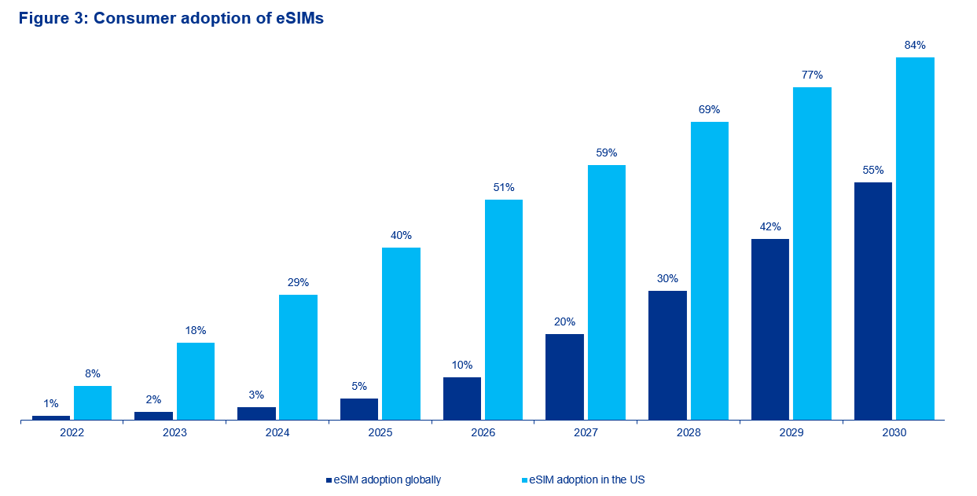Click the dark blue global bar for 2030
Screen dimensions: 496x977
(x=872, y=301)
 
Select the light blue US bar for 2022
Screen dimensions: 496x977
(x=93, y=403)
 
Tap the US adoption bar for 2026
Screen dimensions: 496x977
(x=504, y=310)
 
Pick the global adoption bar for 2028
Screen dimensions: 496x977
(x=667, y=355)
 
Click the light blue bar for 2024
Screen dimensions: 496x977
(x=298, y=358)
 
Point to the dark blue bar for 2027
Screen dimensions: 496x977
(x=564, y=377)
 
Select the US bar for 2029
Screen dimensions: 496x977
(x=812, y=253)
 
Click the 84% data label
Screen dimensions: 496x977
(x=915, y=46)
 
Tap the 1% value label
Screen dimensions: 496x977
(x=51, y=404)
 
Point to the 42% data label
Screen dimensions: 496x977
(x=770, y=227)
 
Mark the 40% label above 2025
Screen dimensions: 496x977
(x=401, y=236)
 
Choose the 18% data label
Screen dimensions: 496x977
(x=196, y=331)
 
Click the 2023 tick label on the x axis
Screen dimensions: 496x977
(x=174, y=433)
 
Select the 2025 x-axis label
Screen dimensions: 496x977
(x=380, y=433)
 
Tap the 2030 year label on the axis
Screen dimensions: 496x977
(x=894, y=433)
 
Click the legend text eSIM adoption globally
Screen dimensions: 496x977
(x=387, y=479)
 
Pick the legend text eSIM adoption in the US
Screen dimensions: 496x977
(x=587, y=479)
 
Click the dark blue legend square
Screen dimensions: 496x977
(x=329, y=479)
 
